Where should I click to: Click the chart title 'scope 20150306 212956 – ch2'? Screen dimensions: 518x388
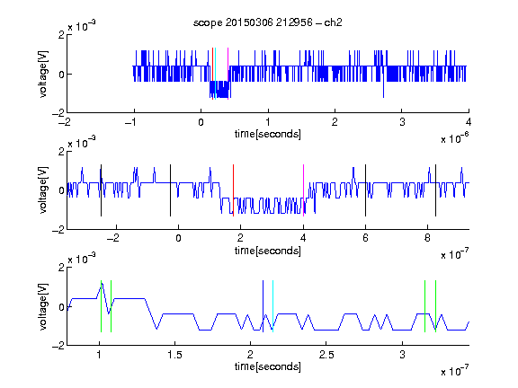[x=268, y=22]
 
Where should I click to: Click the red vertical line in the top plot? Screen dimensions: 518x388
[x=213, y=74]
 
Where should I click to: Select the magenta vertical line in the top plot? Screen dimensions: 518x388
[x=228, y=74]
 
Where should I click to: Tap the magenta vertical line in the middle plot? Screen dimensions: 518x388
[x=303, y=190]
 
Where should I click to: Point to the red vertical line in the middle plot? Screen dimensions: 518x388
[x=233, y=190]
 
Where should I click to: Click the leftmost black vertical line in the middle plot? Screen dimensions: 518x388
[x=101, y=190]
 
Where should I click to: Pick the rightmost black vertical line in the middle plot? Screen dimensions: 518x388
[x=435, y=190]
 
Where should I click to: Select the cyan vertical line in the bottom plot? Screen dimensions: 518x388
[x=272, y=306]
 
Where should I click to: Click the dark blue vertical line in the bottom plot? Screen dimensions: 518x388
[x=263, y=306]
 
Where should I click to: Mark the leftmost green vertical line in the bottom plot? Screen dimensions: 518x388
[x=101, y=306]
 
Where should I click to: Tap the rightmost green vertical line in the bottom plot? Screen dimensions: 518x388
[x=436, y=306]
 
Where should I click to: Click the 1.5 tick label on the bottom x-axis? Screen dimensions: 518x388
[x=174, y=355]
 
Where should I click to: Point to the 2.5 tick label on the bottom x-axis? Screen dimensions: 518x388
[x=326, y=355]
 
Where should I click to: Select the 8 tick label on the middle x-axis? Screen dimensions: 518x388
[x=427, y=238]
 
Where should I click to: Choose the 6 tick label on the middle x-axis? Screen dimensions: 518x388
[x=365, y=238]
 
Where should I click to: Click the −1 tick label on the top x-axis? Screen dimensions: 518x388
[x=130, y=122]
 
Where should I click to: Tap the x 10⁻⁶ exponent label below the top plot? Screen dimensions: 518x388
[x=454, y=138]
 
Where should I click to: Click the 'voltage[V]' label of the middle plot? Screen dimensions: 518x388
[x=43, y=190]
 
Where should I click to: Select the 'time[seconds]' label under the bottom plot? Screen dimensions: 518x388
[x=268, y=366]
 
